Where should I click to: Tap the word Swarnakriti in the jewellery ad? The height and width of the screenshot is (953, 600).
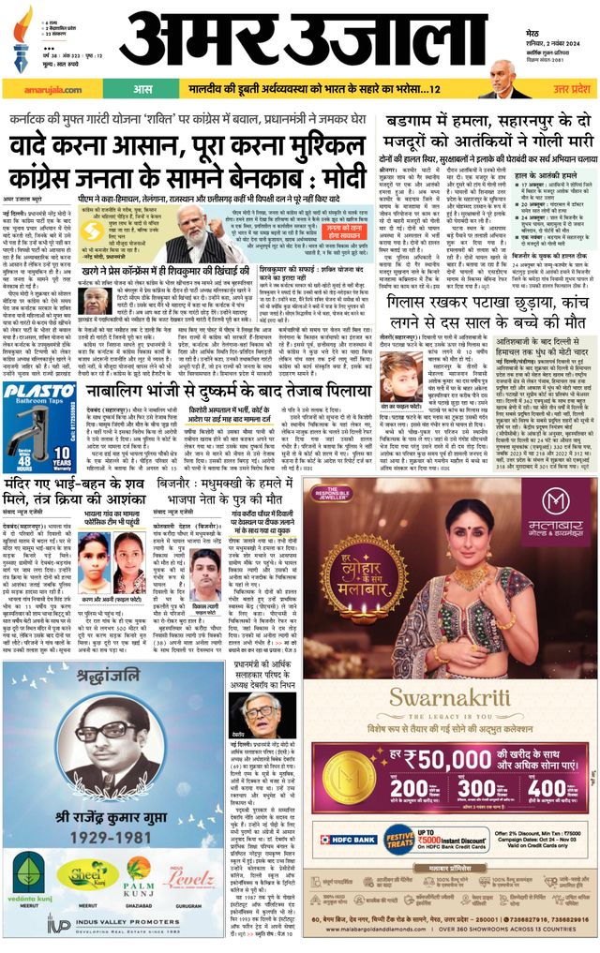450,698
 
